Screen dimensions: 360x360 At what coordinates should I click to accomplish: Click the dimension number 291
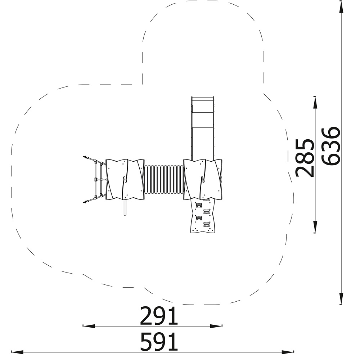point(159,316)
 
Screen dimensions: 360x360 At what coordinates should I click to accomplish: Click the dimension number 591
point(159,342)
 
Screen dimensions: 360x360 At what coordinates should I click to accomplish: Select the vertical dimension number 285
point(305,158)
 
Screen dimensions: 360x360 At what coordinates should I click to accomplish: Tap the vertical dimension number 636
point(330,146)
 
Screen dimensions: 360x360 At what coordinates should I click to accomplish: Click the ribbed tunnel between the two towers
point(164,179)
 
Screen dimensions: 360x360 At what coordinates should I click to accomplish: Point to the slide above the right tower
point(203,128)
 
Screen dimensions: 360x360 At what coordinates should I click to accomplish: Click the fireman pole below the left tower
point(125,207)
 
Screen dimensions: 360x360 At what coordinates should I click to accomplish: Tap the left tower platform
point(125,179)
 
